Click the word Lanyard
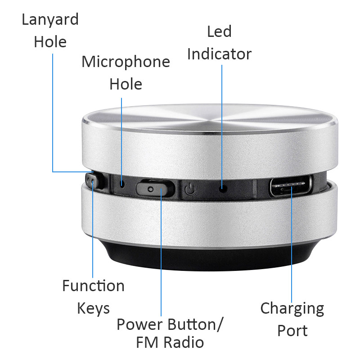(x=50, y=20)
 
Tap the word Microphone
(x=126, y=62)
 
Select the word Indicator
(x=219, y=54)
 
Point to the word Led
(x=219, y=32)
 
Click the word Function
(x=93, y=286)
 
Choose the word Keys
(x=93, y=309)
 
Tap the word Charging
(x=292, y=309)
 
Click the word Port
(x=292, y=331)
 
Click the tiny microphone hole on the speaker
(x=122, y=183)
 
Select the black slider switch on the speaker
(x=154, y=188)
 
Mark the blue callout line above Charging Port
(x=292, y=243)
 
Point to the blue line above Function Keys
(x=93, y=234)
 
